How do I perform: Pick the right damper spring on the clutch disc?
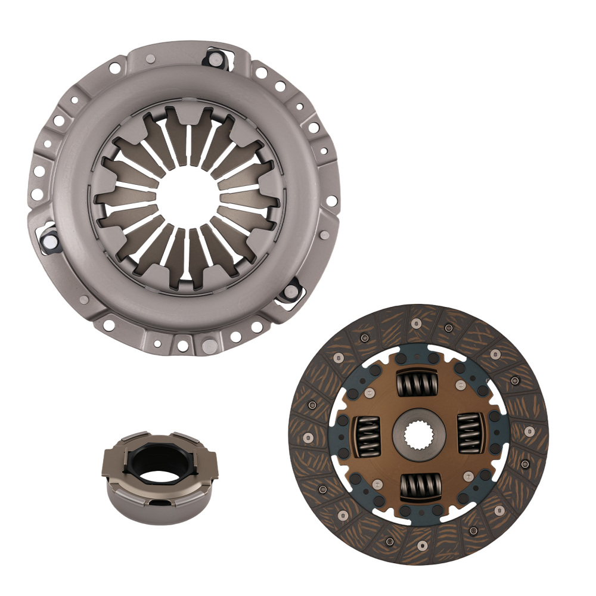[x=471, y=433]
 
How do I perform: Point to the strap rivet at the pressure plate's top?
[x=213, y=58]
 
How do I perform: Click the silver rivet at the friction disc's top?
[x=416, y=322]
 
